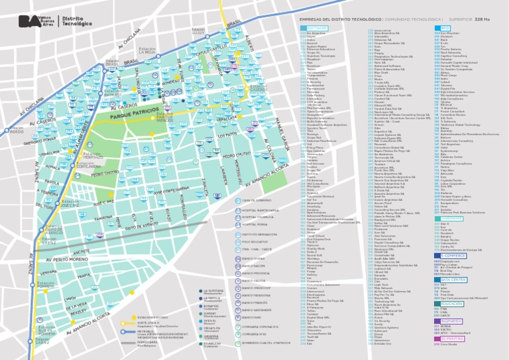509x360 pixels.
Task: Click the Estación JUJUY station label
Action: click(x=198, y=30)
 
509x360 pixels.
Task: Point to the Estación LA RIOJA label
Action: click(x=146, y=51)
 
